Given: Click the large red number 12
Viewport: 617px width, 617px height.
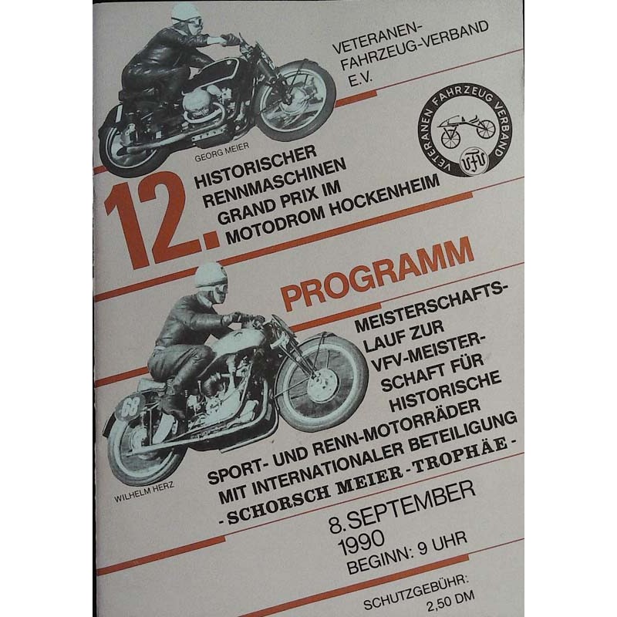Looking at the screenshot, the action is [162, 224].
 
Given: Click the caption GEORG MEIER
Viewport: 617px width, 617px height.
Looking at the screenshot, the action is [221, 152].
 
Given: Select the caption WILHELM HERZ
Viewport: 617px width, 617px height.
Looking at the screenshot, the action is [143, 492].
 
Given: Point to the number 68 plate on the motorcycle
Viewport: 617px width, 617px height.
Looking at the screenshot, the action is [129, 407].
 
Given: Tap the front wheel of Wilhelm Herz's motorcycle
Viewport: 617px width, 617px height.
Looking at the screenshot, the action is [322, 384].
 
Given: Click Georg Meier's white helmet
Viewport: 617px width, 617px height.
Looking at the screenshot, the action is [184, 14].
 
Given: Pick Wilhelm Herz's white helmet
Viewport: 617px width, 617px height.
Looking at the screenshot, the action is [211, 275].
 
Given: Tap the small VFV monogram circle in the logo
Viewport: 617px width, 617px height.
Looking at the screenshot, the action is [474, 160].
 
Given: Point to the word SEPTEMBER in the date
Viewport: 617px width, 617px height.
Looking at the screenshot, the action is [411, 504].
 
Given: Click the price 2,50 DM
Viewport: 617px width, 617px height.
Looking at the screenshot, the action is [450, 599].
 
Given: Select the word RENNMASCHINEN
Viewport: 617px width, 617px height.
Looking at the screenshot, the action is [274, 183].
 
